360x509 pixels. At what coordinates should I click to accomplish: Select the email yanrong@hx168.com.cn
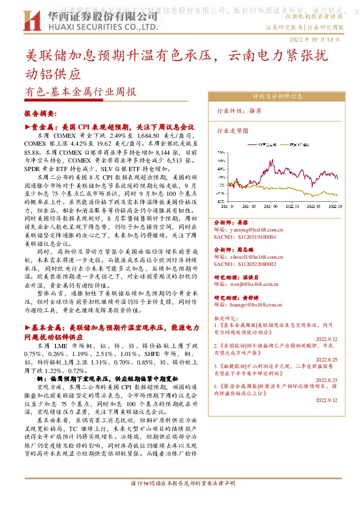257,230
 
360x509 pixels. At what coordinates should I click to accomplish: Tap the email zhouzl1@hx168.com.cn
257,256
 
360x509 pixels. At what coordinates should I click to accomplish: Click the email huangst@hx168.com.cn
257,305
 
